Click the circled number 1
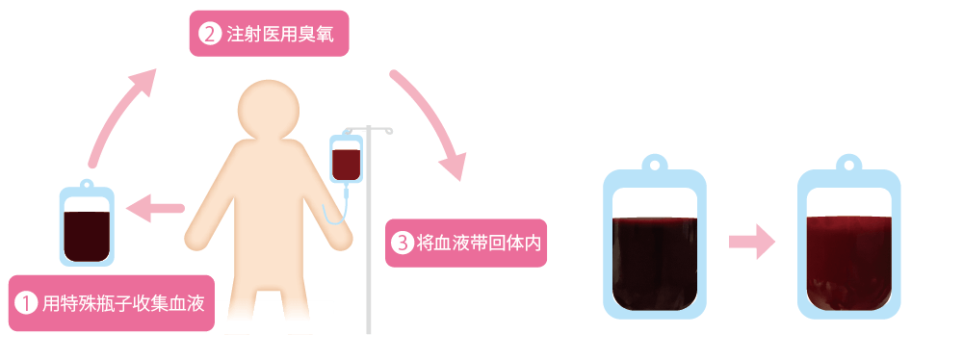[x=28, y=303]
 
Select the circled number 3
[x=401, y=244]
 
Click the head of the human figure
[x=271, y=112]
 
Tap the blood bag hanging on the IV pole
[x=346, y=160]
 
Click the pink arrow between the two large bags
[x=751, y=241]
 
